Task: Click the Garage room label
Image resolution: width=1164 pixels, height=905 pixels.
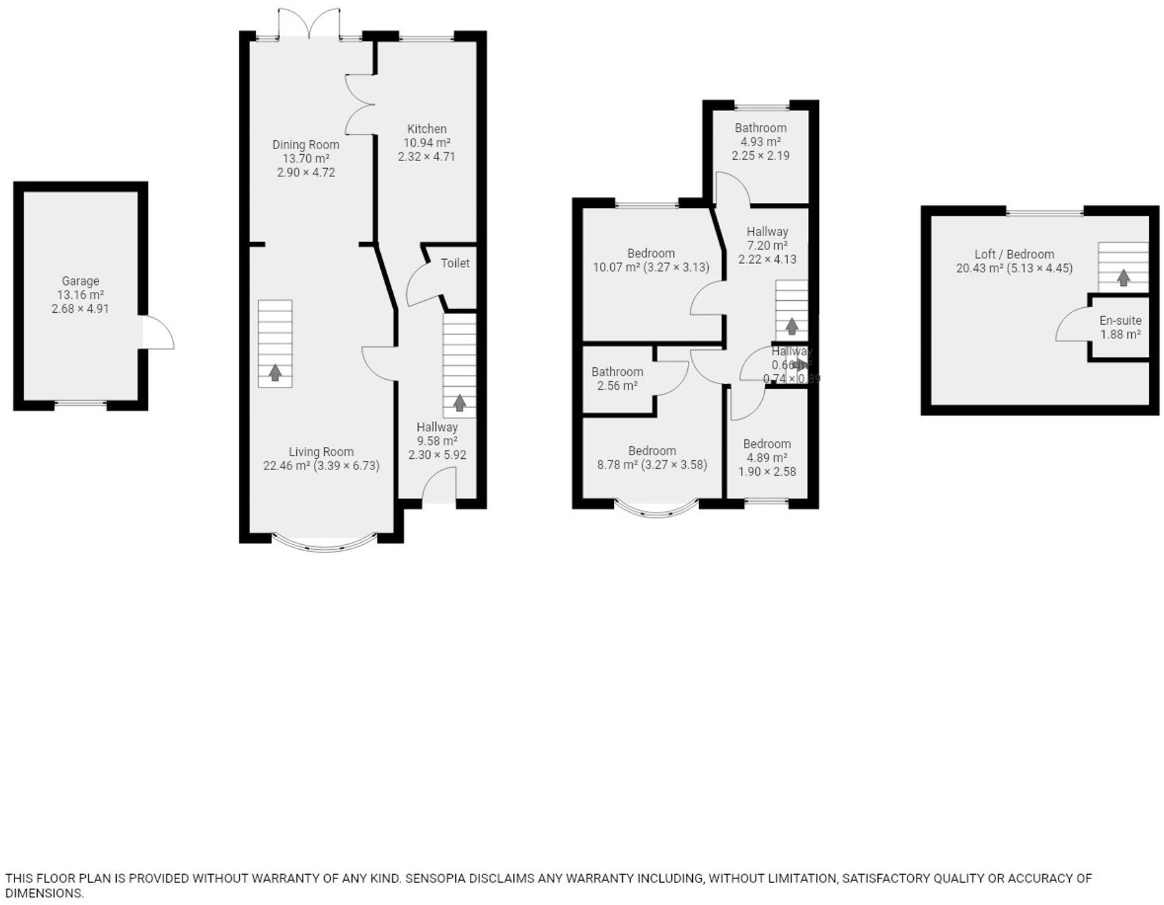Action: point(80,281)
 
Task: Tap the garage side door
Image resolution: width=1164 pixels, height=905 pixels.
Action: point(158,332)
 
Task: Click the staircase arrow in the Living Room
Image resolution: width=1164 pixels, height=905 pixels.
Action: point(275,373)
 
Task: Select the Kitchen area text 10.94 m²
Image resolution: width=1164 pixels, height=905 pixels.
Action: point(426,143)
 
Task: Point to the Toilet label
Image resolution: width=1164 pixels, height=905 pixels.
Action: point(455,263)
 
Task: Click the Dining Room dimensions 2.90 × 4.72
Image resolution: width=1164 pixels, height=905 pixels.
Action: point(306,173)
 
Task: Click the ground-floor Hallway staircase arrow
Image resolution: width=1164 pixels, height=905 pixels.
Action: point(460,403)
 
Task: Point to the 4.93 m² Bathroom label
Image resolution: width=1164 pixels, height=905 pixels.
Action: point(760,128)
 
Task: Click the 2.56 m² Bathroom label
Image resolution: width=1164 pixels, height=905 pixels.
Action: point(617,372)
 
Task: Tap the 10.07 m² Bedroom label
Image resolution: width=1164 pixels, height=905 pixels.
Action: point(651,253)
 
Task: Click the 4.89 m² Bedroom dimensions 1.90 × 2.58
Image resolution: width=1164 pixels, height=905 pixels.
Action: point(767,471)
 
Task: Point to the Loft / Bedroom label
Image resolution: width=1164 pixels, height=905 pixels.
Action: point(1014,254)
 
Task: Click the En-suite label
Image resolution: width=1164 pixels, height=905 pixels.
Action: point(1120,320)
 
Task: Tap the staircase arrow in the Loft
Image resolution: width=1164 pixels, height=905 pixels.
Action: point(1123,278)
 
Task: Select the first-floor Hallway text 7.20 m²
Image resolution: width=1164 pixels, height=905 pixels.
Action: point(767,245)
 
